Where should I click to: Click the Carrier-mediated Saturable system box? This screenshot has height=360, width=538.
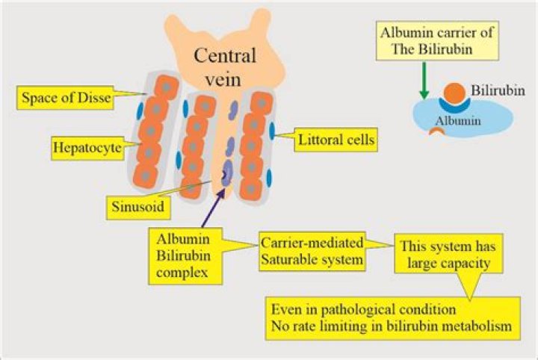tap(312, 251)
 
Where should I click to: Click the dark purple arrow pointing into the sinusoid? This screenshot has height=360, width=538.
tap(213, 208)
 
